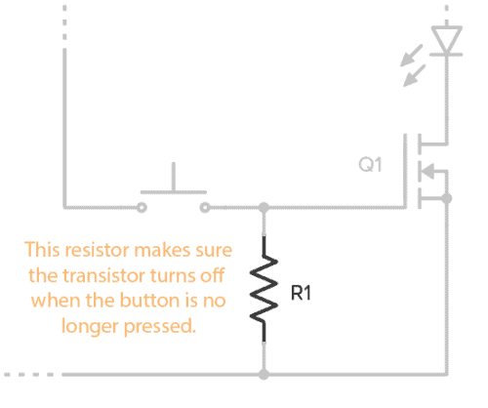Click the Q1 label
pos(371,166)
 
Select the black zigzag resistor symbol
pos(264,289)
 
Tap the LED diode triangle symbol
pos(446,40)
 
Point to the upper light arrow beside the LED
pos(412,55)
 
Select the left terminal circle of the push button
pos(142,207)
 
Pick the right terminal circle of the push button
pos(204,207)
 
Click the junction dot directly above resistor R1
pos(264,207)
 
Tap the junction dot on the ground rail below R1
pos(264,374)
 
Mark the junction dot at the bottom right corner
pos(446,374)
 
